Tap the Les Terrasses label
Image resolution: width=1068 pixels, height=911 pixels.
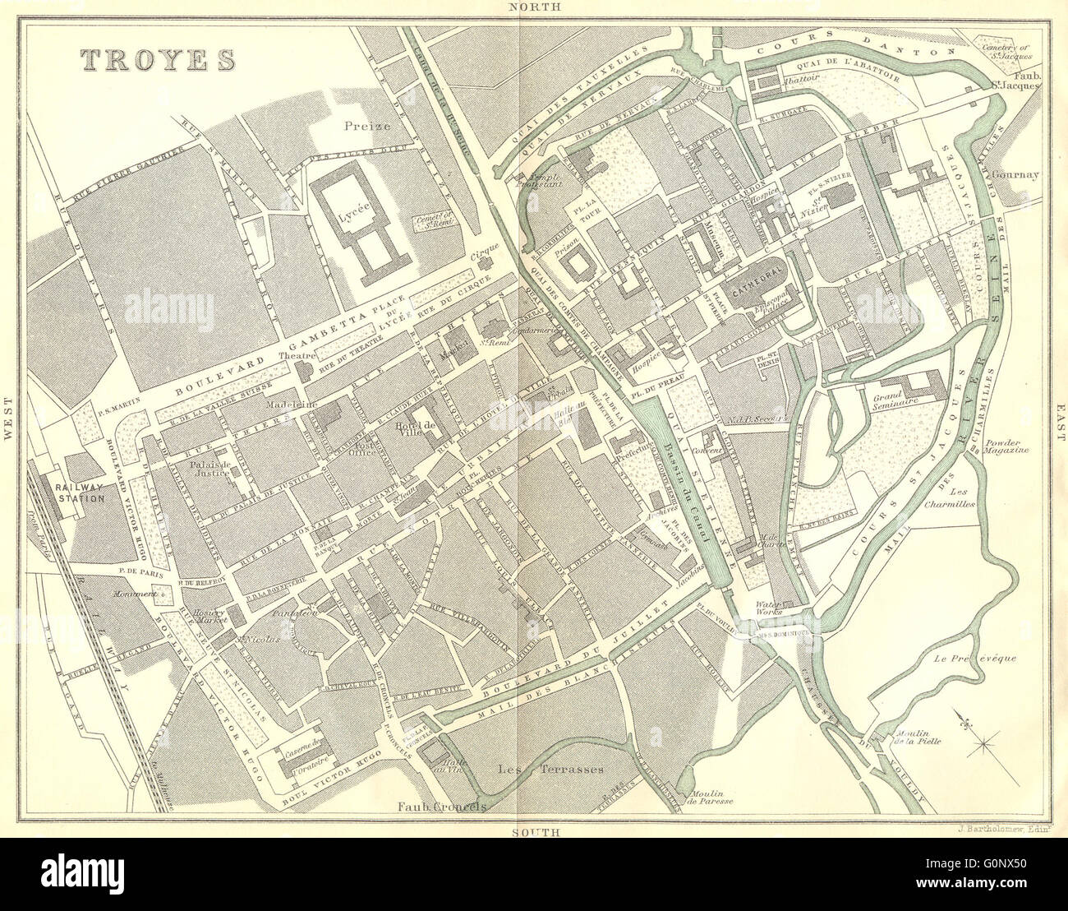coord(551,770)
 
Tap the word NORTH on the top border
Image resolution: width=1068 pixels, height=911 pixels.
coord(533,7)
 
